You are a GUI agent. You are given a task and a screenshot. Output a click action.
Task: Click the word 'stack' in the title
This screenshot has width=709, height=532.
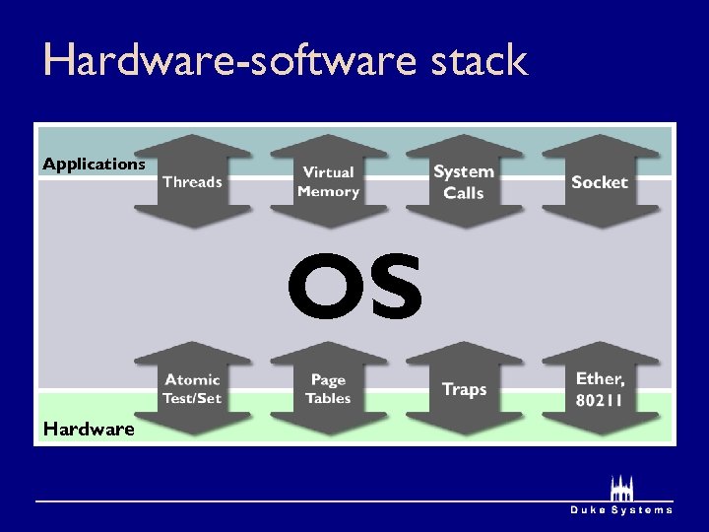coord(480,61)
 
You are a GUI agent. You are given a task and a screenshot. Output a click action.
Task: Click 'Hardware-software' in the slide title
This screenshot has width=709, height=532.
coord(232,61)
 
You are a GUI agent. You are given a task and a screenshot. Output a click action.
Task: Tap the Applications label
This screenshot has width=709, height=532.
coord(94,165)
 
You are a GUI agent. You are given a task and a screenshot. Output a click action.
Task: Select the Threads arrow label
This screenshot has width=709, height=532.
coord(192,182)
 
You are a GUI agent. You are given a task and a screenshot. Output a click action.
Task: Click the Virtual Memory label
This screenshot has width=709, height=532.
coord(328,182)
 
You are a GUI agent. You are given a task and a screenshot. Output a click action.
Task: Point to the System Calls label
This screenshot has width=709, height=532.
coord(464,182)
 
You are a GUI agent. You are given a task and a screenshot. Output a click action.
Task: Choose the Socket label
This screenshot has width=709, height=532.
coord(599,182)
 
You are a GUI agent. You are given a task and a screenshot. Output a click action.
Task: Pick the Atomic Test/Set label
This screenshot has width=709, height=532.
coord(192,389)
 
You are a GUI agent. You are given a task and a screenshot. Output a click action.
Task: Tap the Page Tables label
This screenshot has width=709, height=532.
coord(328,389)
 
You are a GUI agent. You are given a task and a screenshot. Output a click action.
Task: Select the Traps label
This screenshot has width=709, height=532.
coord(464,389)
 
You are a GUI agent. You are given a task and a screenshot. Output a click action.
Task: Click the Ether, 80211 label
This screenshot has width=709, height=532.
coord(600,389)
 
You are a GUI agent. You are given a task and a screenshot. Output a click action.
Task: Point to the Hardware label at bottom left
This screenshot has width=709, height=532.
coord(89,429)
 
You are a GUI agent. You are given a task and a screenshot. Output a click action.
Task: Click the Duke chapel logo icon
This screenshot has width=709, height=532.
coord(621,488)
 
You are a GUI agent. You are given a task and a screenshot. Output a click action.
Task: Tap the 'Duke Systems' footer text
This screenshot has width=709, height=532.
coord(621,510)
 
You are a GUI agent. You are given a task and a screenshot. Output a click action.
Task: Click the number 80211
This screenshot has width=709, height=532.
coord(600,400)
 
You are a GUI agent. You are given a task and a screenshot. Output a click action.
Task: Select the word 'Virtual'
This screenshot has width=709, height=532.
coord(328,172)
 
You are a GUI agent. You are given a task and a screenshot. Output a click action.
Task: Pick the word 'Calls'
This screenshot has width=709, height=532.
coord(464,193)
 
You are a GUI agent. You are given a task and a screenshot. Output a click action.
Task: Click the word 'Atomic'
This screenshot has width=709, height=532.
coord(192,379)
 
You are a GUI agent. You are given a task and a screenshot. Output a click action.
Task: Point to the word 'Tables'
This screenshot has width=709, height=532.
coord(328,399)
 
